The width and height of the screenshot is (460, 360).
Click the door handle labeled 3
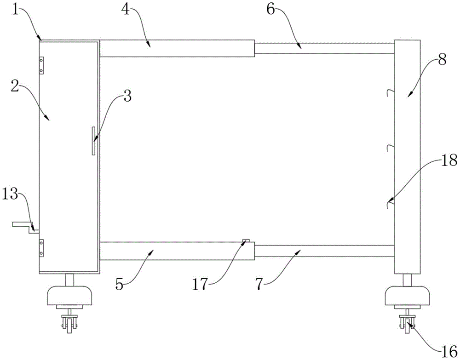click(93, 141)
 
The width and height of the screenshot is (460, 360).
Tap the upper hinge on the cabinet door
click(41, 65)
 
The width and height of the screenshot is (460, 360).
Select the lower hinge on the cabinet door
click(41, 247)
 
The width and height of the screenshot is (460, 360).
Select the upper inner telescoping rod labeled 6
click(324, 48)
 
